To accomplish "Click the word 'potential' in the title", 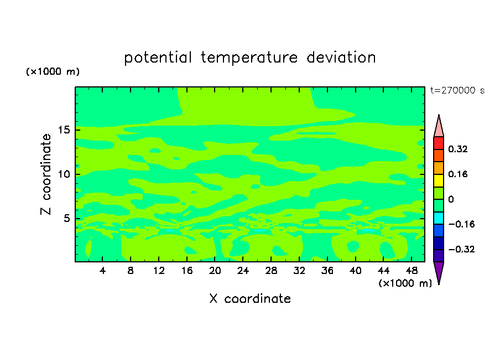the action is pyautogui.click(x=158, y=58).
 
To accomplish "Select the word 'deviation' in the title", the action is pyautogui.click(x=341, y=58).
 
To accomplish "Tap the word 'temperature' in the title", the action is pyautogui.click(x=249, y=58).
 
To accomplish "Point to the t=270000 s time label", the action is pyautogui.click(x=457, y=91).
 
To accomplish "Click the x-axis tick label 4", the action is pyautogui.click(x=102, y=271).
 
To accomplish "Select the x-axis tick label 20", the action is pyautogui.click(x=215, y=271).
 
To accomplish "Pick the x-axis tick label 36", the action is pyautogui.click(x=327, y=271).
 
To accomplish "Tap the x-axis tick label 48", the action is pyautogui.click(x=412, y=271).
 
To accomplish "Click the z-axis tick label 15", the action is pyautogui.click(x=64, y=130).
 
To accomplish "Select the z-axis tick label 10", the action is pyautogui.click(x=64, y=174).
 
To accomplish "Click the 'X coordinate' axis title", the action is pyautogui.click(x=250, y=299).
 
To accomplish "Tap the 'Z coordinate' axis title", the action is pyautogui.click(x=46, y=174).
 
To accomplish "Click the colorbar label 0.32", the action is pyautogui.click(x=457, y=149).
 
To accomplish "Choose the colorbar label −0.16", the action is pyautogui.click(x=461, y=224).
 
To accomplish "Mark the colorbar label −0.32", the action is pyautogui.click(x=461, y=249).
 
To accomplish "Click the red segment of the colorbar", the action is pyautogui.click(x=439, y=143).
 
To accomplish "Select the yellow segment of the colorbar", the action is pyautogui.click(x=439, y=180).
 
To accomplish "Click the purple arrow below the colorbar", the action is pyautogui.click(x=439, y=271).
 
